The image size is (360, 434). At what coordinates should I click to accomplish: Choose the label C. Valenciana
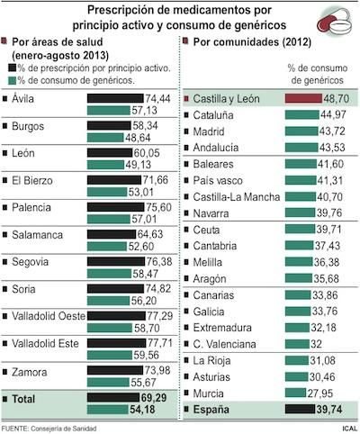point(229,343)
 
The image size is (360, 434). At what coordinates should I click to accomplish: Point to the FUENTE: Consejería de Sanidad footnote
point(59,428)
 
